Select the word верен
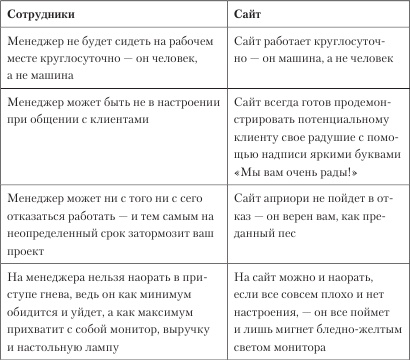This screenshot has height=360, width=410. click(x=313, y=213)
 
